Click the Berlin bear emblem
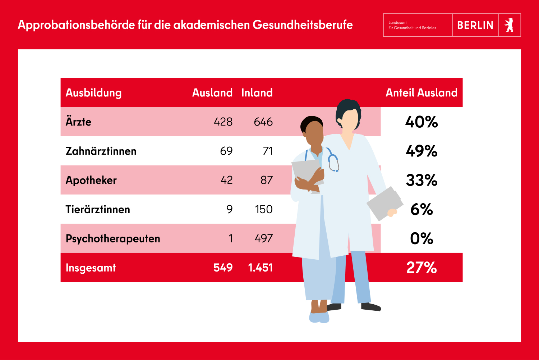(x=509, y=25)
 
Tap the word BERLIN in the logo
(x=475, y=25)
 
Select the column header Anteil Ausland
(x=421, y=93)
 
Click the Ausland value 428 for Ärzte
(x=223, y=122)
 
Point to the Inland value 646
(x=263, y=122)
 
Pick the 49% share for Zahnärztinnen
(x=421, y=151)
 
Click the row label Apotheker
(x=91, y=181)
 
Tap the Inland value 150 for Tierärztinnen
(x=264, y=209)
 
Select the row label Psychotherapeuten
(x=113, y=239)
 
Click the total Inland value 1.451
(x=261, y=268)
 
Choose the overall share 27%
(x=421, y=268)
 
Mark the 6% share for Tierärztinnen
(x=421, y=209)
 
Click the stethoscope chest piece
(x=336, y=170)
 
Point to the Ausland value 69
(x=226, y=151)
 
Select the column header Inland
(x=257, y=93)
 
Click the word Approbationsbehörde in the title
(x=76, y=25)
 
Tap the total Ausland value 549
(x=223, y=268)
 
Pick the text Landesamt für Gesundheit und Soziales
(x=412, y=25)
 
